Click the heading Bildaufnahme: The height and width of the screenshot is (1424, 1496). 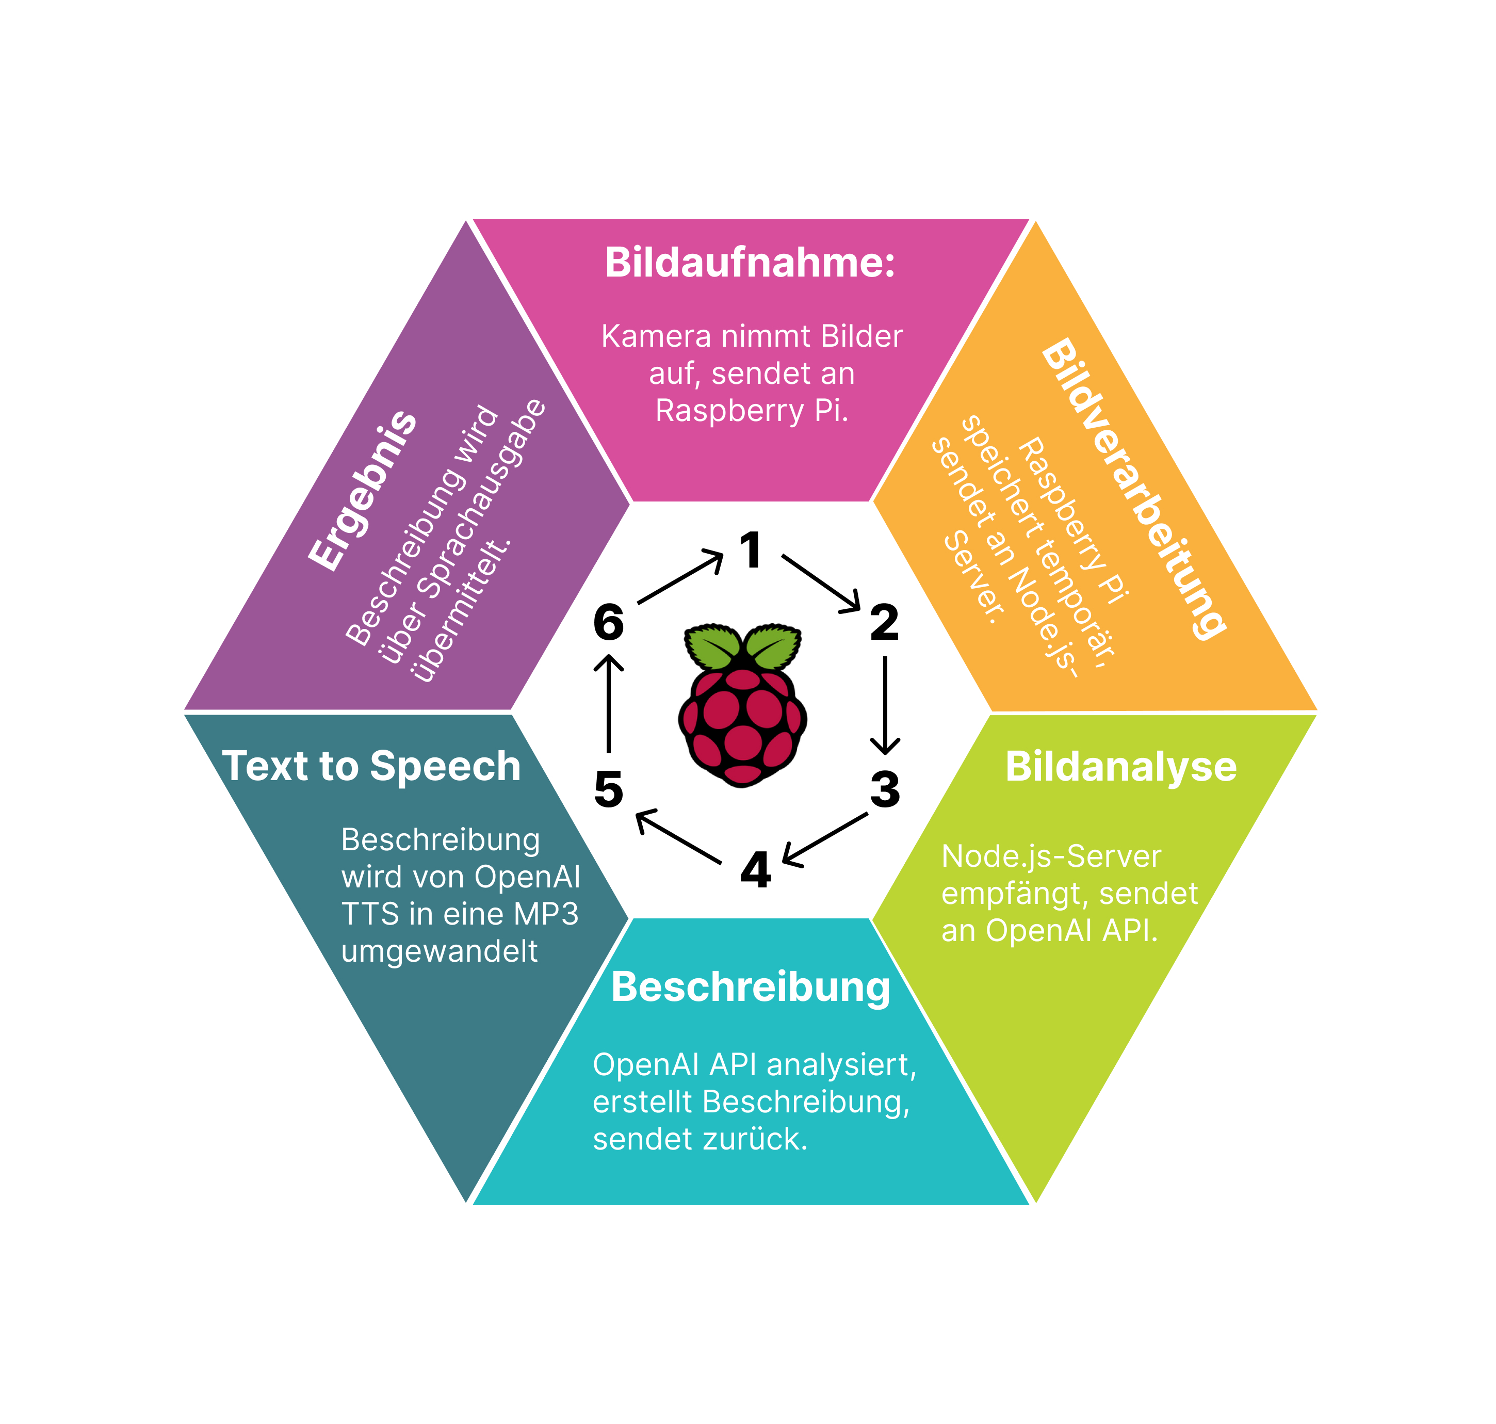click(x=750, y=263)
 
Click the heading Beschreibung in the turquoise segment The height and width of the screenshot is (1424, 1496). click(x=750, y=987)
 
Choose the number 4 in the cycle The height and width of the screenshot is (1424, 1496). click(x=755, y=870)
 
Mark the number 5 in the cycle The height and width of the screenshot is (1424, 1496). click(x=609, y=789)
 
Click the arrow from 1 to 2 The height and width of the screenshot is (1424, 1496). click(x=821, y=583)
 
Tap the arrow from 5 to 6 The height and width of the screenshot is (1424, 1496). click(x=609, y=703)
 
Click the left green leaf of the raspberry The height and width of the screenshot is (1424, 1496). click(x=713, y=646)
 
